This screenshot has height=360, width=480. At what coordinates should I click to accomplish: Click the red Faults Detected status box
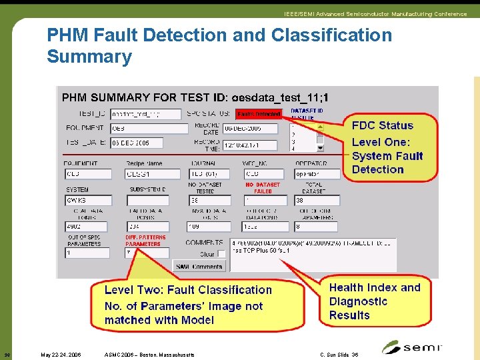coord(259,114)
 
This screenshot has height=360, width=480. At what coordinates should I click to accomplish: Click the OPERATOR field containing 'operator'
coord(317,174)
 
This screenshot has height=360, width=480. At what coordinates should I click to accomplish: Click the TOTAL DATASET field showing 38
coord(317,200)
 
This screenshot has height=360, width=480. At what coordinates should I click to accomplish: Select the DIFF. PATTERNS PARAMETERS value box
coord(147,253)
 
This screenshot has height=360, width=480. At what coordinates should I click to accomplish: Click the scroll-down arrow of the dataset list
coord(320,148)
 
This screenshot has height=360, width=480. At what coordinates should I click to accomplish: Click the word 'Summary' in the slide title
coord(89,57)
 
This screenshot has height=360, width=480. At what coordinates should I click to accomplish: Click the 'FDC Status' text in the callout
coord(383,125)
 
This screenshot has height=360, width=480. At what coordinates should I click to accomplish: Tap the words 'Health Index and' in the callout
coord(375,287)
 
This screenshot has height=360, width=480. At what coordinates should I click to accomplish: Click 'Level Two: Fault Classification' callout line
coord(188,290)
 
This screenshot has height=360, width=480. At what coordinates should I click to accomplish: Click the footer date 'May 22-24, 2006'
coord(61,355)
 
